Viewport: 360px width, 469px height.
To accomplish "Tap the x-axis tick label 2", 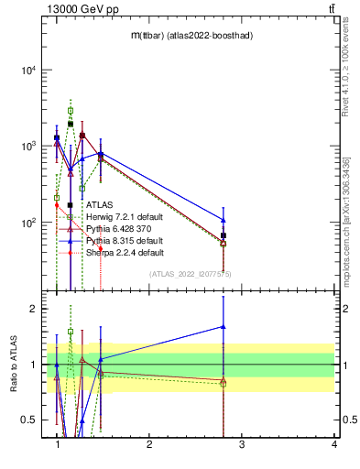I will coord(148,445).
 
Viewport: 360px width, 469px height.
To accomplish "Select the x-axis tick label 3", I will coord(241,445).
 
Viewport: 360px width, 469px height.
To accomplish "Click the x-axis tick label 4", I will coord(333,445).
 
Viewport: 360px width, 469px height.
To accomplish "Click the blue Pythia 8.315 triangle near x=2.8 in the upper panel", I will coord(224,220).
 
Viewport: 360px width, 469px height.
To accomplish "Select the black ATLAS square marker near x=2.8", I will coord(224,236).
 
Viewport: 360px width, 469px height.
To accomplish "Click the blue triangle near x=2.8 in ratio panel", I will coord(224,327).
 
